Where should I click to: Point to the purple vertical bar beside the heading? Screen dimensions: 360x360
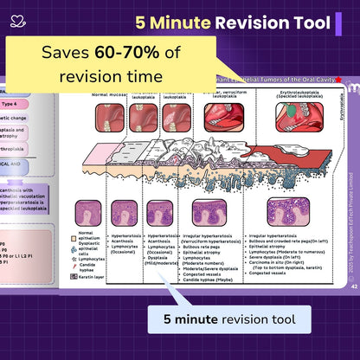tap(338, 23)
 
